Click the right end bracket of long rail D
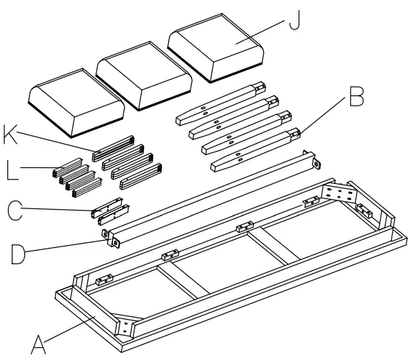click(312, 162)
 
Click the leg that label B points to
click(252, 141)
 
